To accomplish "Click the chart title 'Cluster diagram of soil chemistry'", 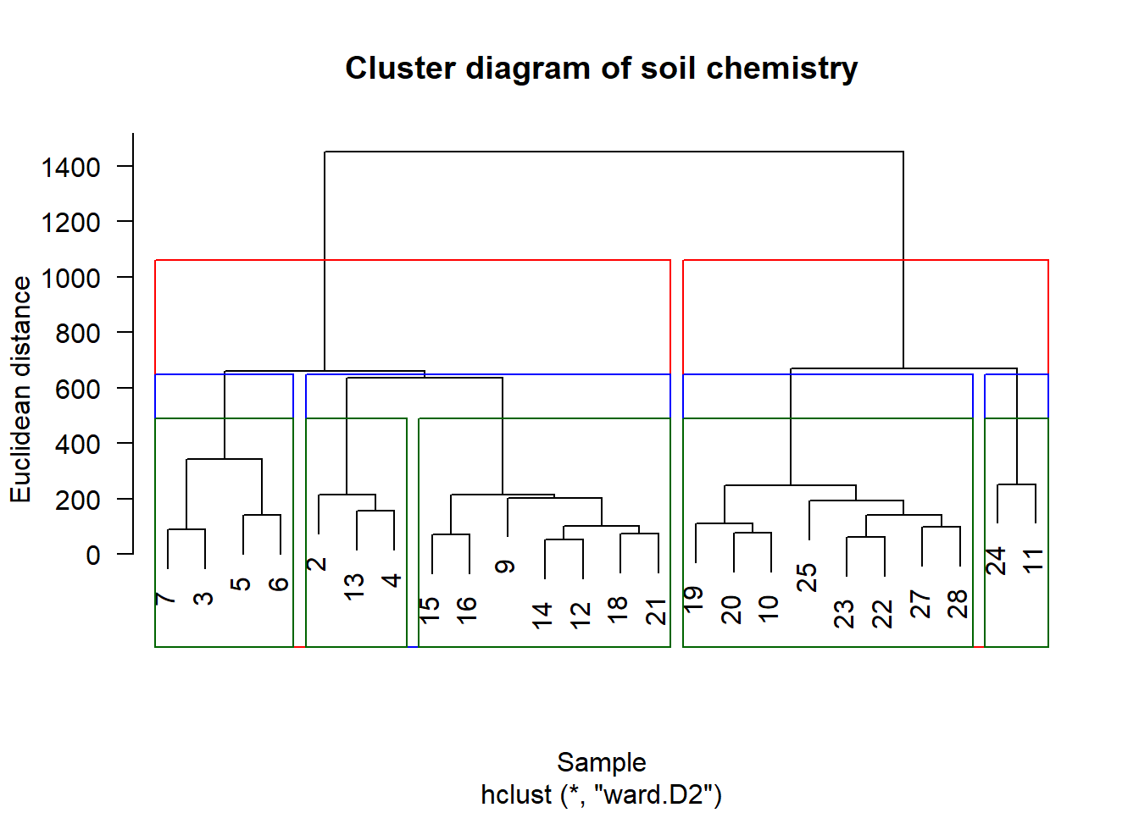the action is tap(602, 69).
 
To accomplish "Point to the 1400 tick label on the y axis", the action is tap(70, 167).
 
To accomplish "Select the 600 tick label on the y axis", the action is tap(78, 390).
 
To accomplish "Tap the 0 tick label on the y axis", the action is tap(93, 556).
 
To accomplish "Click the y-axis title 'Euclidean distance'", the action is tap(21, 390).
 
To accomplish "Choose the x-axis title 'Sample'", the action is tap(602, 762).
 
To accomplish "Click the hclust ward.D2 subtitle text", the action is tap(602, 794).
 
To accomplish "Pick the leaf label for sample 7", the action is tap(165, 599).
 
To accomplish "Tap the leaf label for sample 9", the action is tap(505, 567).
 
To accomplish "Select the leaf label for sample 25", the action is tap(807, 578).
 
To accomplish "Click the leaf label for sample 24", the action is tap(996, 561).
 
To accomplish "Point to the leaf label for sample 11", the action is tap(1034, 561).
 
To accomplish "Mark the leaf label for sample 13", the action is tap(354, 587).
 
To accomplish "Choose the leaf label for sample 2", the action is tap(317, 564).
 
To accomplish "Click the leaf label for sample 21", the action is tap(657, 611).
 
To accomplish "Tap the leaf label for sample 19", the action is tap(694, 600).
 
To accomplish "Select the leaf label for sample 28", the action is tap(958, 604).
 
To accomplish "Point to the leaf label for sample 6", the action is tap(279, 584).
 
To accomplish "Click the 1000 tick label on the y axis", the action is tap(70, 279).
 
